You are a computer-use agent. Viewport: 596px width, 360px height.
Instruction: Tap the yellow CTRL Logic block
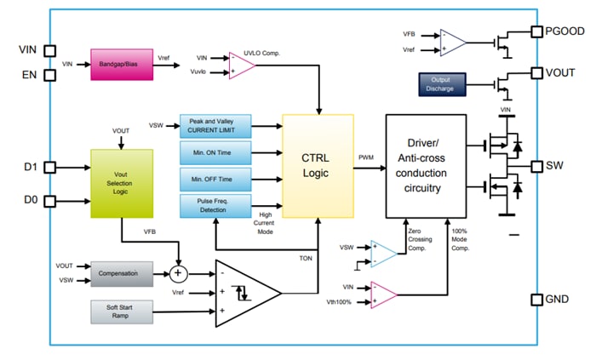pyautogui.click(x=318, y=166)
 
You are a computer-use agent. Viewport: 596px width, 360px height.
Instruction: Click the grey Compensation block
pyautogui.click(x=121, y=274)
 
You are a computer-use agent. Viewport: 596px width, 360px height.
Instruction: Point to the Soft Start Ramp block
pyautogui.click(x=121, y=311)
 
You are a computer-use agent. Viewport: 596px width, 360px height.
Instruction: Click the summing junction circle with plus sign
pyautogui.click(x=178, y=274)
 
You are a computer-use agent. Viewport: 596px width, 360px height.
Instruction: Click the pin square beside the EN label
pyautogui.click(x=50, y=74)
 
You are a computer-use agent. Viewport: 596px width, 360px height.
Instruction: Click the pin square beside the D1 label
pyautogui.click(x=50, y=168)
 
